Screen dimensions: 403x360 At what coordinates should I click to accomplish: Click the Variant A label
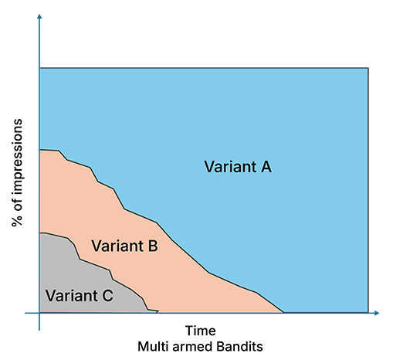click(x=238, y=167)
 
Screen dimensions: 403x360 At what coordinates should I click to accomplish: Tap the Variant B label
click(x=124, y=246)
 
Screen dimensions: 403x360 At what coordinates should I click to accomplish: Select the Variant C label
click(x=80, y=295)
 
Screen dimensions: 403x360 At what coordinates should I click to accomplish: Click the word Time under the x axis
click(x=200, y=331)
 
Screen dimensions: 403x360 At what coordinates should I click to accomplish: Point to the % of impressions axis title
click(x=17, y=172)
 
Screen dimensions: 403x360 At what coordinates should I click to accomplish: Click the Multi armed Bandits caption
click(x=200, y=347)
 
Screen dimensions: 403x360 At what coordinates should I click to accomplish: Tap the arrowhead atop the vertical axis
click(x=39, y=16)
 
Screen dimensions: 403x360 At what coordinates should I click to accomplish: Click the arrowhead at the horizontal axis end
click(x=377, y=313)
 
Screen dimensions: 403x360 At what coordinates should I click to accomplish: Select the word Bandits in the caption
click(x=239, y=347)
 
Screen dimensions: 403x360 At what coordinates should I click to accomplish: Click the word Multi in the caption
click(x=153, y=347)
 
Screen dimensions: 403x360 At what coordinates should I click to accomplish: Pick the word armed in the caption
click(x=192, y=347)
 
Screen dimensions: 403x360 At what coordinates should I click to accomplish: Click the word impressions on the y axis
click(x=17, y=158)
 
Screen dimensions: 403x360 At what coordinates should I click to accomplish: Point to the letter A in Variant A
click(x=266, y=167)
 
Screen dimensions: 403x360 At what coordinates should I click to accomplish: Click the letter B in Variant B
click(x=153, y=246)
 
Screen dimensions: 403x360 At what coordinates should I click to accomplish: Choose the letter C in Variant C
click(x=108, y=295)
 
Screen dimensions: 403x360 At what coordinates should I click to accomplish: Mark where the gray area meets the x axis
click(x=157, y=313)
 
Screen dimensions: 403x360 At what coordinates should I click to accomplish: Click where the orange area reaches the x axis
click(x=284, y=313)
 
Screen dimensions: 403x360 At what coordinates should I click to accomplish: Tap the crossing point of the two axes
click(x=39, y=313)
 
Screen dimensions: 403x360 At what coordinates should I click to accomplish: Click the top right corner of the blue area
click(x=368, y=68)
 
